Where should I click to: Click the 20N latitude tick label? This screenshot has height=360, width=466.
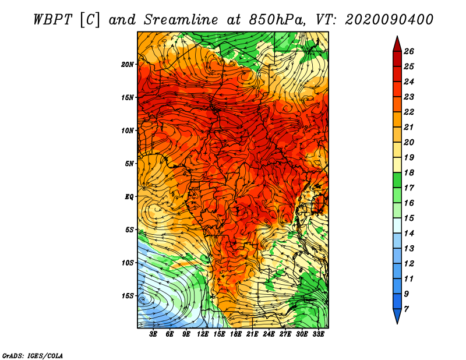[x=128, y=65]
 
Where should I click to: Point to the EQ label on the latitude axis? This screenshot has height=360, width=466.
[x=129, y=197]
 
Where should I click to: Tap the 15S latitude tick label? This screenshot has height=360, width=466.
[x=128, y=296]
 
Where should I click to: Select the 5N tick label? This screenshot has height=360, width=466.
[x=129, y=164]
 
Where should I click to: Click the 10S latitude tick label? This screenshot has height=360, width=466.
[x=128, y=263]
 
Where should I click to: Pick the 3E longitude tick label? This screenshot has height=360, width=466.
[x=153, y=334]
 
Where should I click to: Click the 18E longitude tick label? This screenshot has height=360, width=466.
[x=236, y=334]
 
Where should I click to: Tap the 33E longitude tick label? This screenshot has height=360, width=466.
[x=318, y=334]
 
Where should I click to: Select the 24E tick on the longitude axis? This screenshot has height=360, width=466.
[x=269, y=334]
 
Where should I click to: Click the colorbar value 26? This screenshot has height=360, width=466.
[x=409, y=51]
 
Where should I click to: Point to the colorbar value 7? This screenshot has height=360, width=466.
[x=406, y=309]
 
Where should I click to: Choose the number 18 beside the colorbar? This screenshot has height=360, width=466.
[x=409, y=172]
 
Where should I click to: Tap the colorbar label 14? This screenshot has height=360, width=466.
[x=409, y=234]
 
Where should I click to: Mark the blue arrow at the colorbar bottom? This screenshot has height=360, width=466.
[x=397, y=316]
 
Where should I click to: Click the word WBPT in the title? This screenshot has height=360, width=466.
[x=52, y=20]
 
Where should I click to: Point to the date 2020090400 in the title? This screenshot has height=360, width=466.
[x=389, y=20]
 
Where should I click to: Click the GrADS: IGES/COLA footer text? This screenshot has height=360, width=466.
[x=33, y=355]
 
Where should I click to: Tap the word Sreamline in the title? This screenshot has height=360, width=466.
[x=181, y=20]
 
